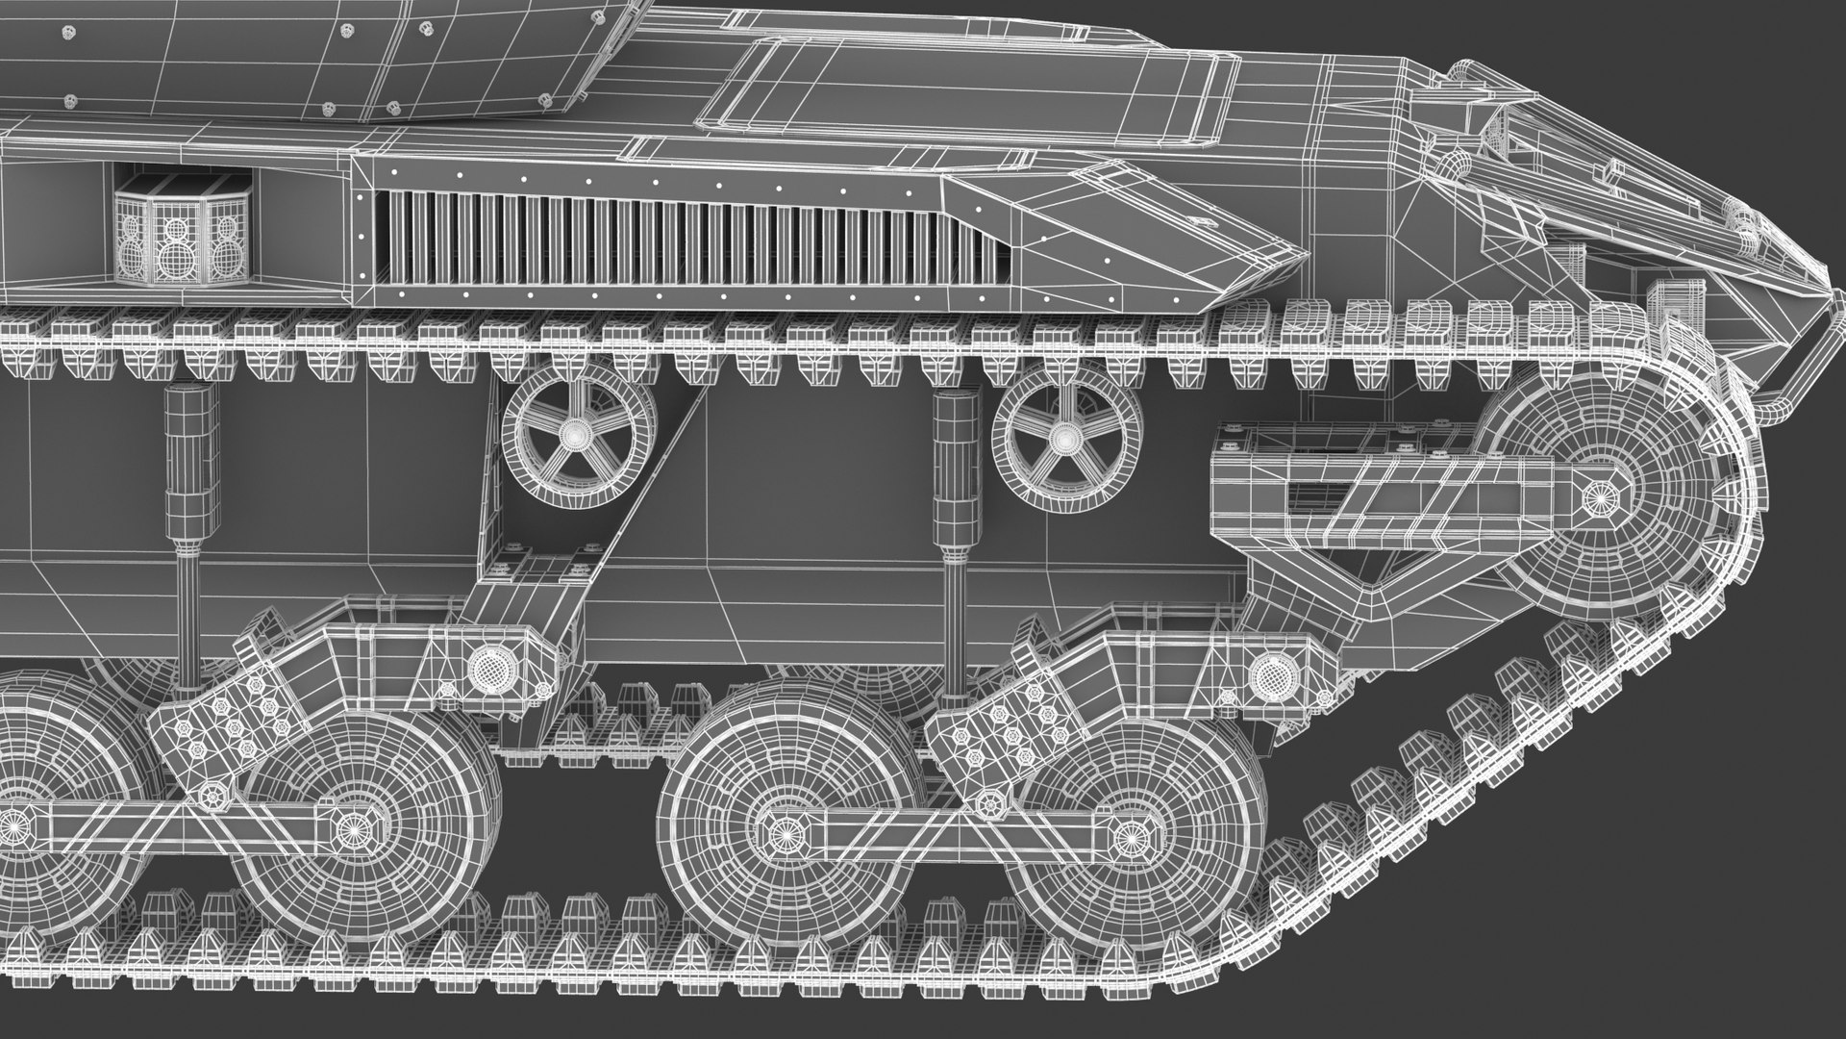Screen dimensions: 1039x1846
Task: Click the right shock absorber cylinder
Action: tap(955, 471)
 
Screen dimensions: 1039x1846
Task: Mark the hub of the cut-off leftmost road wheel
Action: tap(14, 825)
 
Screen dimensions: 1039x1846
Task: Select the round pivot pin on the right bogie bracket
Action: tap(1272, 671)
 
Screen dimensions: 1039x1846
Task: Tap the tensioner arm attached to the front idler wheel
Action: tap(1384, 495)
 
